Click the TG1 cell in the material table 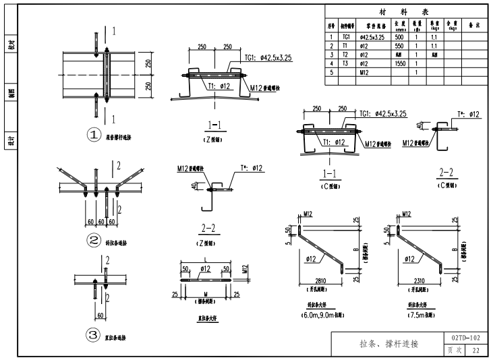pos(346,37)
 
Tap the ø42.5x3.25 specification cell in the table pos(372,37)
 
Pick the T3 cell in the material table pos(346,63)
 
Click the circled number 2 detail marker pos(94,239)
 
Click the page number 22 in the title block pos(475,350)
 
